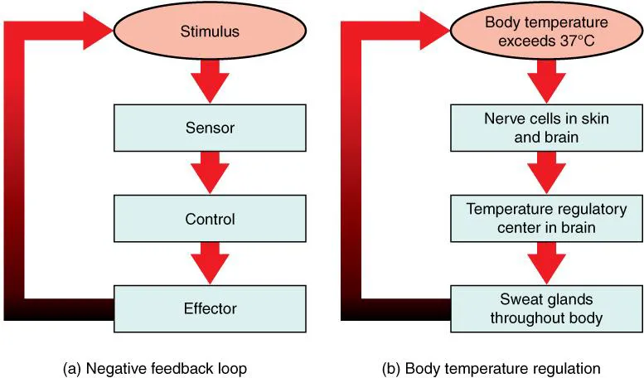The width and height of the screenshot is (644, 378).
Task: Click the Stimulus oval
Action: point(210,33)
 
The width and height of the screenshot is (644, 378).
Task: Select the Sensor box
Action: point(210,128)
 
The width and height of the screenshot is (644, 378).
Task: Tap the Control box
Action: point(210,220)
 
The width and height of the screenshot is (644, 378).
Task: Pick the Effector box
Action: point(210,308)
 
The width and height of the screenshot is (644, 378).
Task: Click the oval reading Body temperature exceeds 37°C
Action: point(546,33)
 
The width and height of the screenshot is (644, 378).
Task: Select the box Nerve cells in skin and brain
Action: point(546,128)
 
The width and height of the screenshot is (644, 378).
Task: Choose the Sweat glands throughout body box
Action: point(546,308)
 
